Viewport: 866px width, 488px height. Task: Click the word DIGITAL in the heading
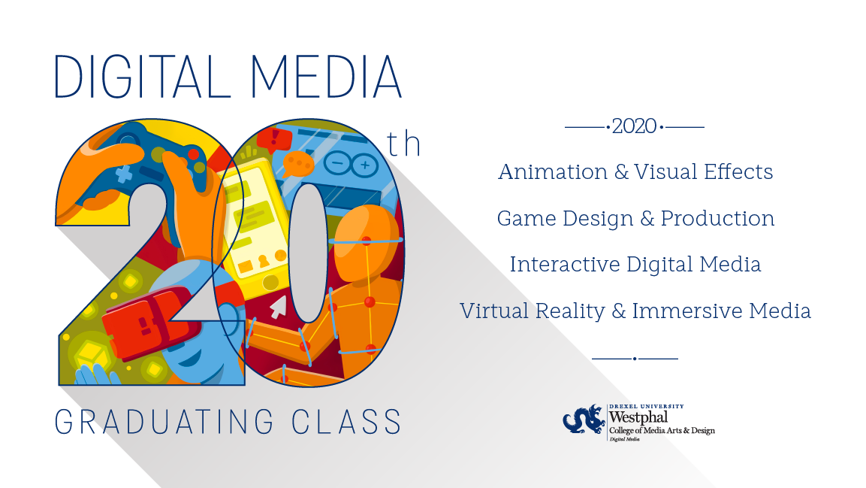[142, 77]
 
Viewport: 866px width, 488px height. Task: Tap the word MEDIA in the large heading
[326, 77]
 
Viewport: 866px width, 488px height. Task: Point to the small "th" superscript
[404, 144]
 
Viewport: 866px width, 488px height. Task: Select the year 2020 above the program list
[634, 126]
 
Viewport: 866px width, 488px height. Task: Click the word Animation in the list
[553, 172]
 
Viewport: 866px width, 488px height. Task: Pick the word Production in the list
[717, 218]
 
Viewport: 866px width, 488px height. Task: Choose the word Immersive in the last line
[687, 311]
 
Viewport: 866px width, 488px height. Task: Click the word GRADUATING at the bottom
[164, 423]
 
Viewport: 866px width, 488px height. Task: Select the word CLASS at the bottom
[346, 423]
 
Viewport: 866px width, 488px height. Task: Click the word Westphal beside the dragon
[638, 417]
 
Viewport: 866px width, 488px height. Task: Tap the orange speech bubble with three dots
[297, 165]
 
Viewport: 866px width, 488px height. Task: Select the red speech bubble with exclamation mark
[274, 139]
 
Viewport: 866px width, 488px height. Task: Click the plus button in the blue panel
[364, 165]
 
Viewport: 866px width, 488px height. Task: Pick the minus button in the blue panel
[337, 164]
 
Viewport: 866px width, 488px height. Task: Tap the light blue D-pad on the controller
[124, 174]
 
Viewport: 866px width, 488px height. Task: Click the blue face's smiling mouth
[191, 359]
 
